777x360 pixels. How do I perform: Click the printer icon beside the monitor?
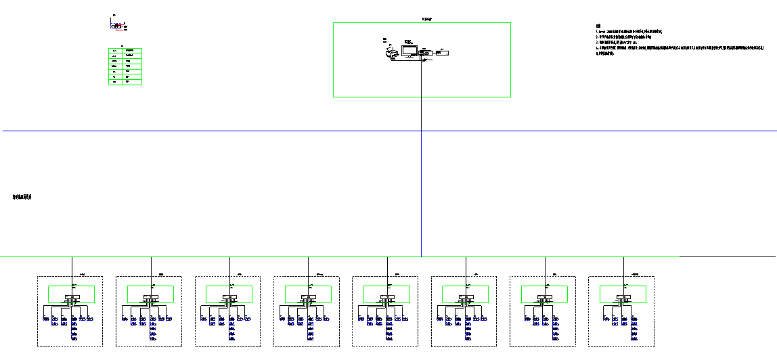(391, 53)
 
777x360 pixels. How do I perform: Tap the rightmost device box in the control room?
(442, 53)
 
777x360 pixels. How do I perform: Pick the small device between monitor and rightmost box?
(426, 52)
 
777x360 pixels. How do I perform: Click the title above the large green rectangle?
(421, 20)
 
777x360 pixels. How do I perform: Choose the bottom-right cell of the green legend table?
(133, 81)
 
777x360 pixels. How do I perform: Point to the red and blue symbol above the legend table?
(118, 26)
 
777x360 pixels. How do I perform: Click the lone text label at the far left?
(22, 197)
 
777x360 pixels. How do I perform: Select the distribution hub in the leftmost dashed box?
(72, 298)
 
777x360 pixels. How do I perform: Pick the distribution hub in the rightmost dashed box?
(623, 298)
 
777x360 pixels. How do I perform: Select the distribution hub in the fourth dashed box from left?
(308, 298)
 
